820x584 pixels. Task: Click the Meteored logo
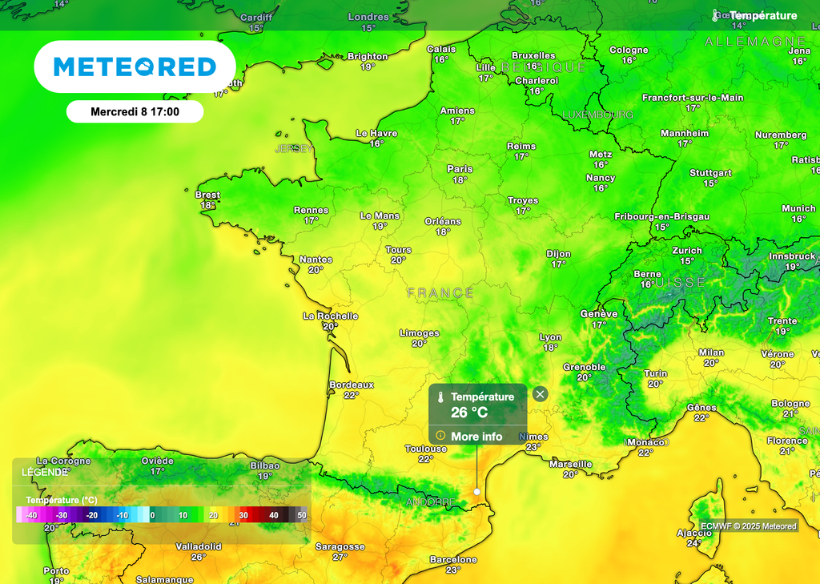click(135, 66)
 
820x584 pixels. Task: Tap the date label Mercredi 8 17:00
click(135, 112)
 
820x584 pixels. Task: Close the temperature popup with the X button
click(541, 393)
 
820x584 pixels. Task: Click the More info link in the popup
click(476, 436)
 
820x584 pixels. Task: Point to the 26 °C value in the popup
click(469, 413)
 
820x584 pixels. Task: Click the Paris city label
click(460, 169)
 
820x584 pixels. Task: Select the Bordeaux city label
click(352, 385)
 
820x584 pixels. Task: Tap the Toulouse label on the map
click(425, 449)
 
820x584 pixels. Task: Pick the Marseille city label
click(570, 464)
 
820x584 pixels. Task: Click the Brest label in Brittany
click(207, 195)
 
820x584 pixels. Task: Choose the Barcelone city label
click(453, 559)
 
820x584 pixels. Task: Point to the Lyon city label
click(550, 337)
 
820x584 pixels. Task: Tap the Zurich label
click(687, 250)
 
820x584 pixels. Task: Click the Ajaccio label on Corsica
click(694, 533)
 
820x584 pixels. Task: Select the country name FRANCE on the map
click(440, 293)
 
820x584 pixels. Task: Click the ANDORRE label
click(430, 502)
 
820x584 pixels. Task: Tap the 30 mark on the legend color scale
click(243, 515)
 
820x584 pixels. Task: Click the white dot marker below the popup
click(476, 491)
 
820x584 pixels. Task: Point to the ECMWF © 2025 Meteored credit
click(749, 526)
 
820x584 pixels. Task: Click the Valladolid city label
click(198, 546)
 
